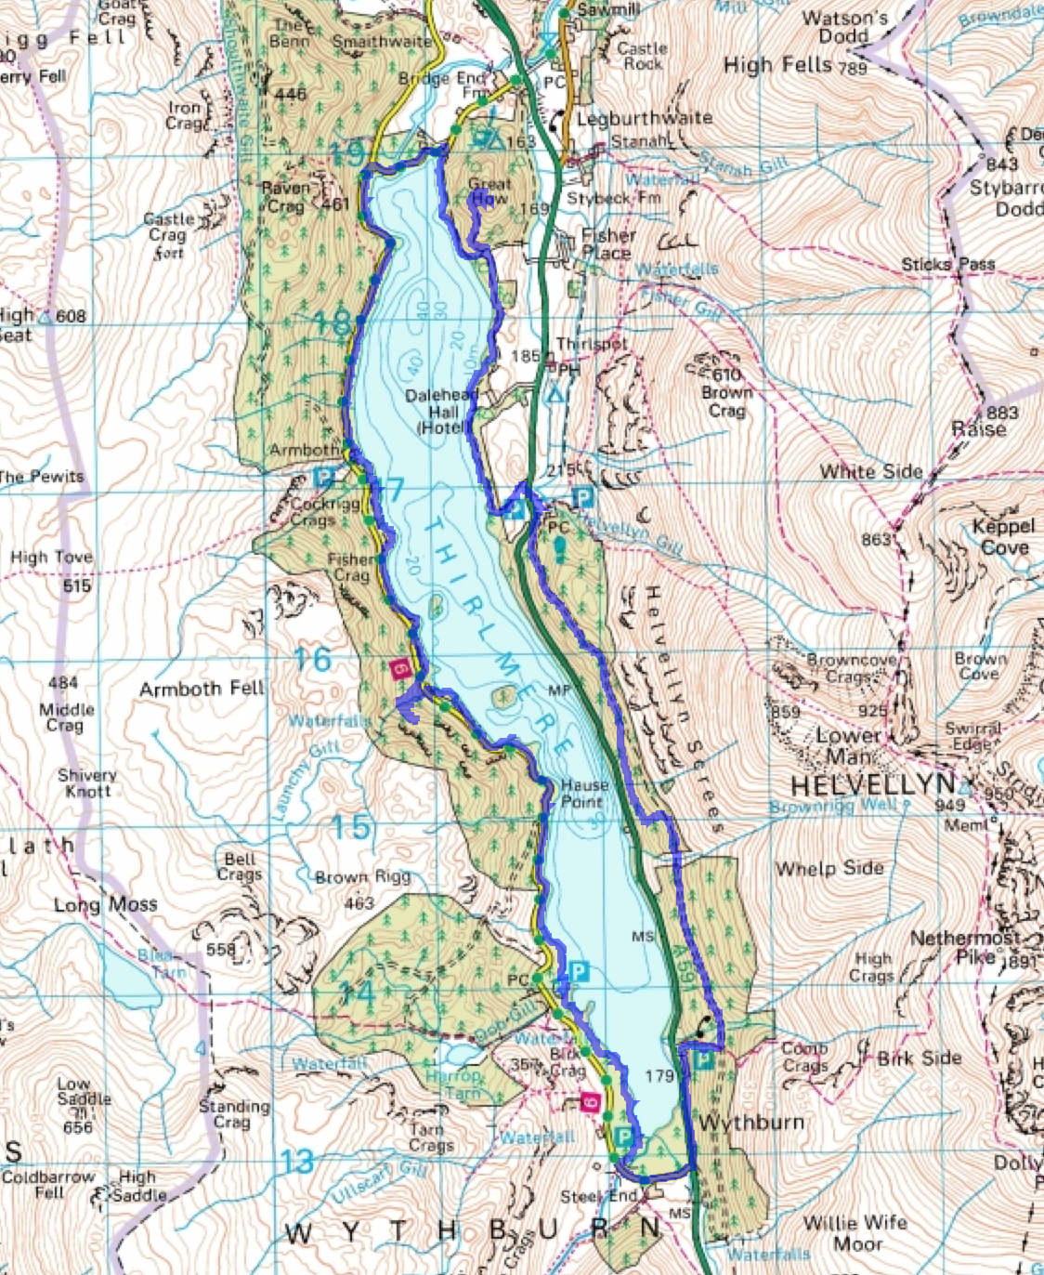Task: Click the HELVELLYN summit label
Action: [872, 782]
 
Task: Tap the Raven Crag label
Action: [285, 197]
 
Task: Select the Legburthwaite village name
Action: [645, 119]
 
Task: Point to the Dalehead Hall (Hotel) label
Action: [442, 411]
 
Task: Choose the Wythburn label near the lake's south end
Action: [750, 1123]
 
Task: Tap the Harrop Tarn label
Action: [455, 1084]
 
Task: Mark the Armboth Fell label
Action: [202, 689]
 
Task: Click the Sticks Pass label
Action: [947, 265]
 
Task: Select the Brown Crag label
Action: [726, 401]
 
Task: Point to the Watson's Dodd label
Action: [845, 27]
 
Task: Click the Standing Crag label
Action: [234, 1113]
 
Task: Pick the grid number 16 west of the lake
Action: [312, 660]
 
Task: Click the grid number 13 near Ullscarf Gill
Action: [297, 1162]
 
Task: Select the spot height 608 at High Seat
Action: [71, 317]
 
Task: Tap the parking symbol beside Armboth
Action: [324, 479]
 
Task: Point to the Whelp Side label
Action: [829, 868]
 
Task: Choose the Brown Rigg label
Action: [362, 877]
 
